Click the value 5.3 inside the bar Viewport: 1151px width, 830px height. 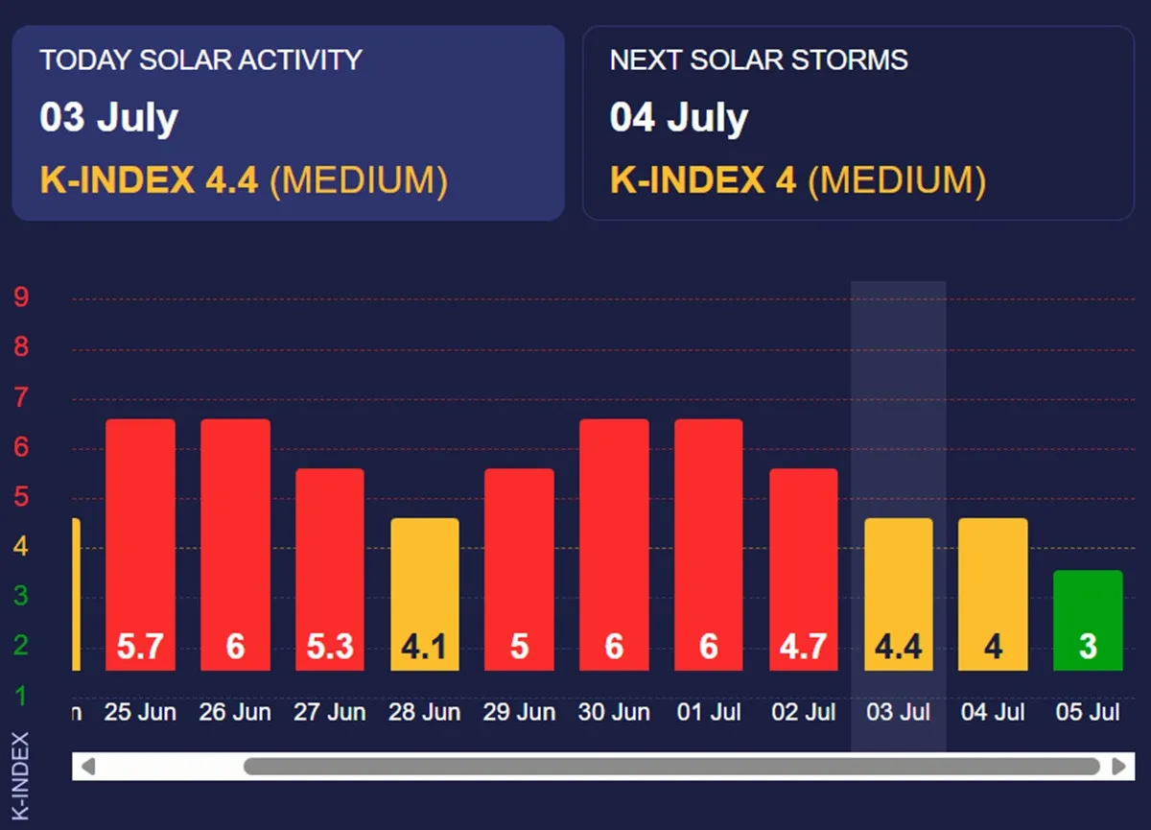(330, 647)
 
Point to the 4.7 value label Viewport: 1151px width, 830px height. (804, 647)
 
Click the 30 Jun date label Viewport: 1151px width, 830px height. (614, 713)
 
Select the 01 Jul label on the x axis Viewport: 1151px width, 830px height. (709, 713)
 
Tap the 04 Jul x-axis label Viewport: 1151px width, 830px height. (994, 713)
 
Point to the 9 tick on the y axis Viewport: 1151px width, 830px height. (21, 297)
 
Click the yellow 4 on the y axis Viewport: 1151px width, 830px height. (21, 547)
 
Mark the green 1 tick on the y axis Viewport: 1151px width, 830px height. (21, 696)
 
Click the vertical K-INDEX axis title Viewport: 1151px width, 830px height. (20, 775)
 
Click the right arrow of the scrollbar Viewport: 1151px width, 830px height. (1118, 767)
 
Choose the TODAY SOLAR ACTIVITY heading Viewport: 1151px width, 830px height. (200, 59)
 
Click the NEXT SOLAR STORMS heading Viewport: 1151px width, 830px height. (759, 59)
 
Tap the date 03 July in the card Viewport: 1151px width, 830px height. (109, 118)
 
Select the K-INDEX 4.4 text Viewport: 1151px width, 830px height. (149, 179)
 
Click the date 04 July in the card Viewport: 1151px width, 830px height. (679, 118)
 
